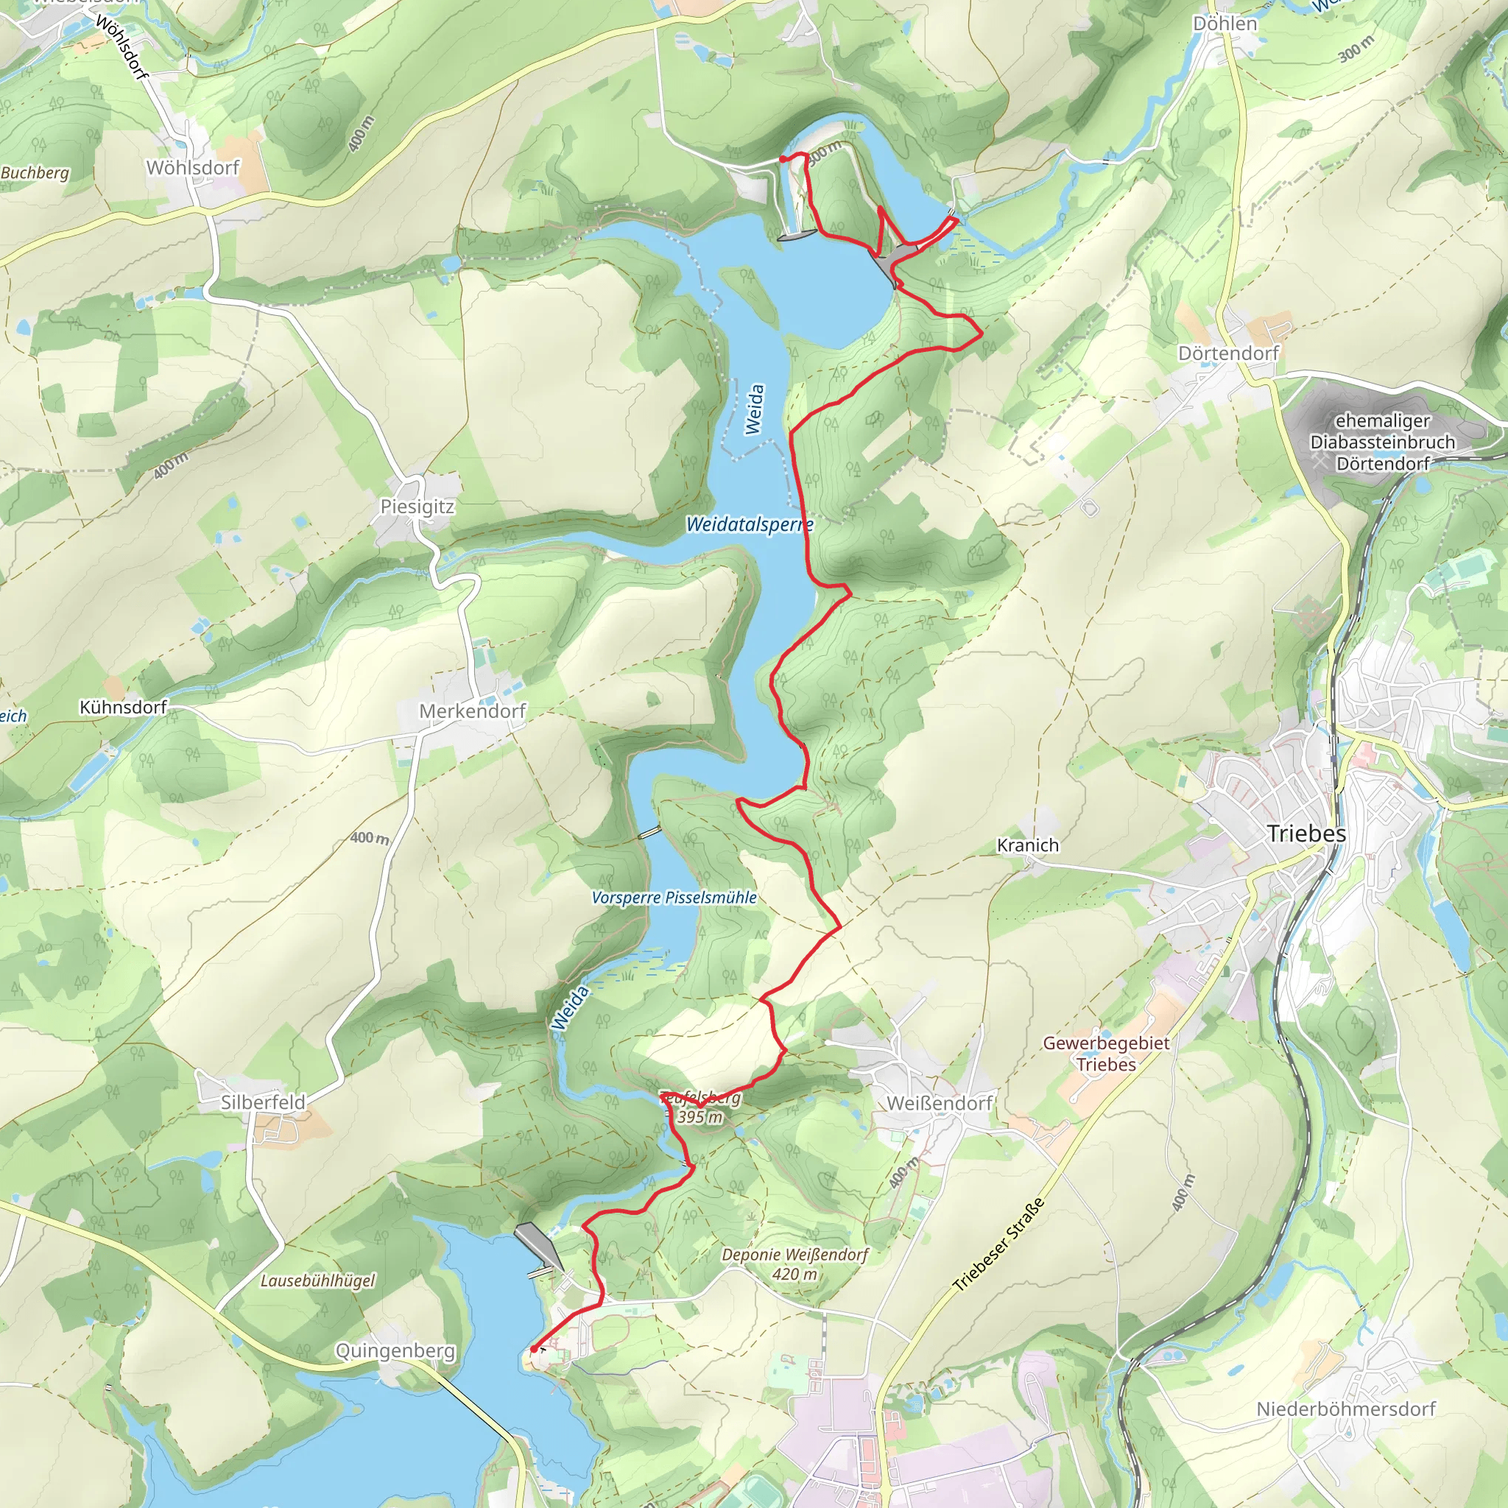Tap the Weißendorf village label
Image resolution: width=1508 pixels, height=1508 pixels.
940,1103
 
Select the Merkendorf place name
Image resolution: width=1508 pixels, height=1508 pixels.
472,711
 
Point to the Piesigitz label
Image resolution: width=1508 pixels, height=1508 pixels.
417,507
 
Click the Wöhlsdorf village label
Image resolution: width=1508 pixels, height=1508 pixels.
193,168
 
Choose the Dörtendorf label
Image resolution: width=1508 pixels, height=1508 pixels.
1229,353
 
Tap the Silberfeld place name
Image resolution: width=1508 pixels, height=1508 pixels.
263,1102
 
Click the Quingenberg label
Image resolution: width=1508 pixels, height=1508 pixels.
395,1350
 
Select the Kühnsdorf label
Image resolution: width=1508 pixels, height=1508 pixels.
123,707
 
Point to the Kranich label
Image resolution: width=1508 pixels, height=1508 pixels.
1028,845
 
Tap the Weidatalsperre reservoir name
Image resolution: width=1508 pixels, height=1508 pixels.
750,524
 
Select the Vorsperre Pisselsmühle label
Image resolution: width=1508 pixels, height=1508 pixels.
674,898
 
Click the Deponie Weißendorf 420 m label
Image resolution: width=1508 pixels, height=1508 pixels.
794,1264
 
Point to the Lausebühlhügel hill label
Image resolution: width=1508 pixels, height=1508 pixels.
317,1281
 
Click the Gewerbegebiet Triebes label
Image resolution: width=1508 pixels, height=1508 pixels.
1106,1054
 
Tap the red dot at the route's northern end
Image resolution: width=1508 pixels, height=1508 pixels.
783,159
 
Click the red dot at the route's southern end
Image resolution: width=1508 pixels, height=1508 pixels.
534,1349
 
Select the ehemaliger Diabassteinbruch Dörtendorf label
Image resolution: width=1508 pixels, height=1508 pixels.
1382,442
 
